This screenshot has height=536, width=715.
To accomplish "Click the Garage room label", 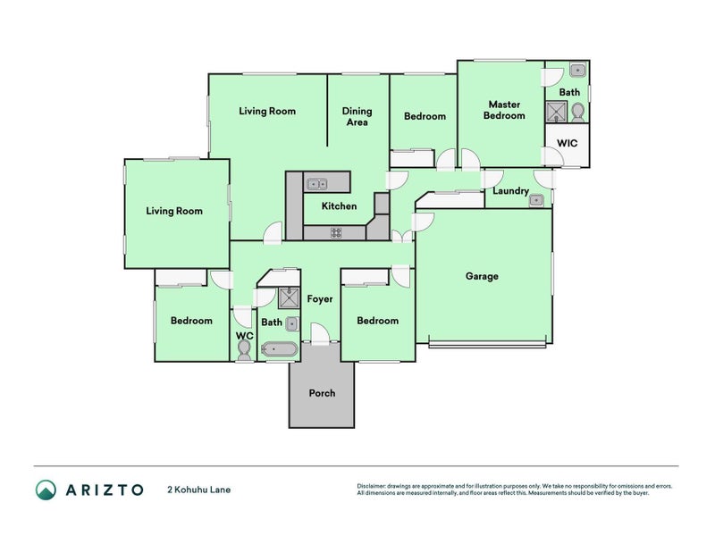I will (482, 276).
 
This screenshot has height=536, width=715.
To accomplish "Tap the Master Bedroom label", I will (504, 110).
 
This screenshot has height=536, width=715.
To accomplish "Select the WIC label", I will (567, 143).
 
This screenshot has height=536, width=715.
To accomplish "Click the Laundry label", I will (510, 190).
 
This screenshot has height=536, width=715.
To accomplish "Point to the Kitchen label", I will (339, 206).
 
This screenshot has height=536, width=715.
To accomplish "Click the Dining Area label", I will (357, 117).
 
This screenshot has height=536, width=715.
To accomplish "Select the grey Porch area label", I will (322, 393).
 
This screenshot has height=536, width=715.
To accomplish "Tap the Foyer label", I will (320, 298).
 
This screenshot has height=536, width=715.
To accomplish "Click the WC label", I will (245, 336).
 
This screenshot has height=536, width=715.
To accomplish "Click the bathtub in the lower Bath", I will (280, 349).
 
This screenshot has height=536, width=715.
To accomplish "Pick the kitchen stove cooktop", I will (337, 233).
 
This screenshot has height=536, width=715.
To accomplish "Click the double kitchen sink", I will (316, 184).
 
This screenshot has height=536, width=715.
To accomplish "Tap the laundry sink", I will (535, 199).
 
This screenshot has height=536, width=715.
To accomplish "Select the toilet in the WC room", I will (244, 350).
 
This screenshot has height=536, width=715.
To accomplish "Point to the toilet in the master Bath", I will (578, 113).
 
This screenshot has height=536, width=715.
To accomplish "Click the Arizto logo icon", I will (46, 490).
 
